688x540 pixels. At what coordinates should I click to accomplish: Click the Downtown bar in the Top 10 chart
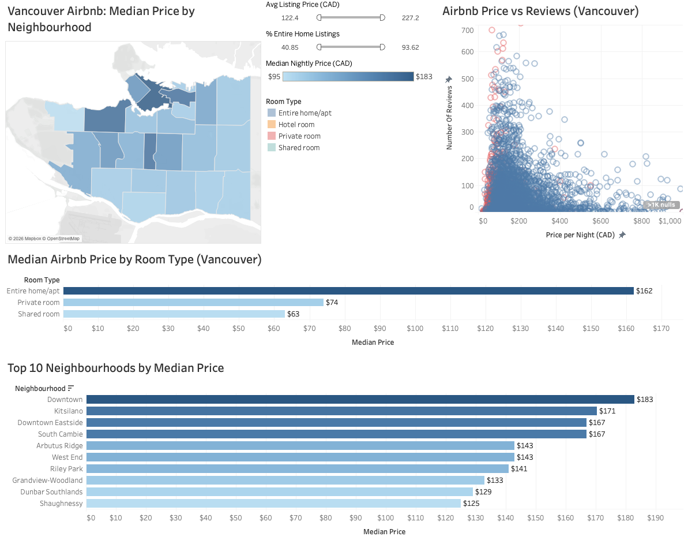point(360,399)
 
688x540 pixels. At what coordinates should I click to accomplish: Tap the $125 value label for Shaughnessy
point(471,503)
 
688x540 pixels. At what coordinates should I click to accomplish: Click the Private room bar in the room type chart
point(193,302)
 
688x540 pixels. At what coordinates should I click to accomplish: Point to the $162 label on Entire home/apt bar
point(644,291)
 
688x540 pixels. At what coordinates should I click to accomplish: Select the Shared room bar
point(174,314)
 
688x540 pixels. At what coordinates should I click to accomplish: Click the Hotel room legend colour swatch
point(271,125)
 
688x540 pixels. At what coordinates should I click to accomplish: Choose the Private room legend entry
point(299,136)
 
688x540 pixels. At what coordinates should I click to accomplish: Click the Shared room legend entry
point(298,148)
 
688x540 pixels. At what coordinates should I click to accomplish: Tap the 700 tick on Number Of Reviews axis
point(467,30)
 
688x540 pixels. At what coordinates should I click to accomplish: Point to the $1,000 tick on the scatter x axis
point(669,221)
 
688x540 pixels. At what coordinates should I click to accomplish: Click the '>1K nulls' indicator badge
point(661,205)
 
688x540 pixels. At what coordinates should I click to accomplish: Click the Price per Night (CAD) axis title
point(580,235)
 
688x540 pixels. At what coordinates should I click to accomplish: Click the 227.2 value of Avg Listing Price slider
point(410,18)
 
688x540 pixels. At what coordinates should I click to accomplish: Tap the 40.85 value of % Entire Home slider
point(290,47)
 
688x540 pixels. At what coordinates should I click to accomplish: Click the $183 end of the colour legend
point(424,77)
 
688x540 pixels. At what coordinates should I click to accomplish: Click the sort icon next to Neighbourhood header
point(71,389)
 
